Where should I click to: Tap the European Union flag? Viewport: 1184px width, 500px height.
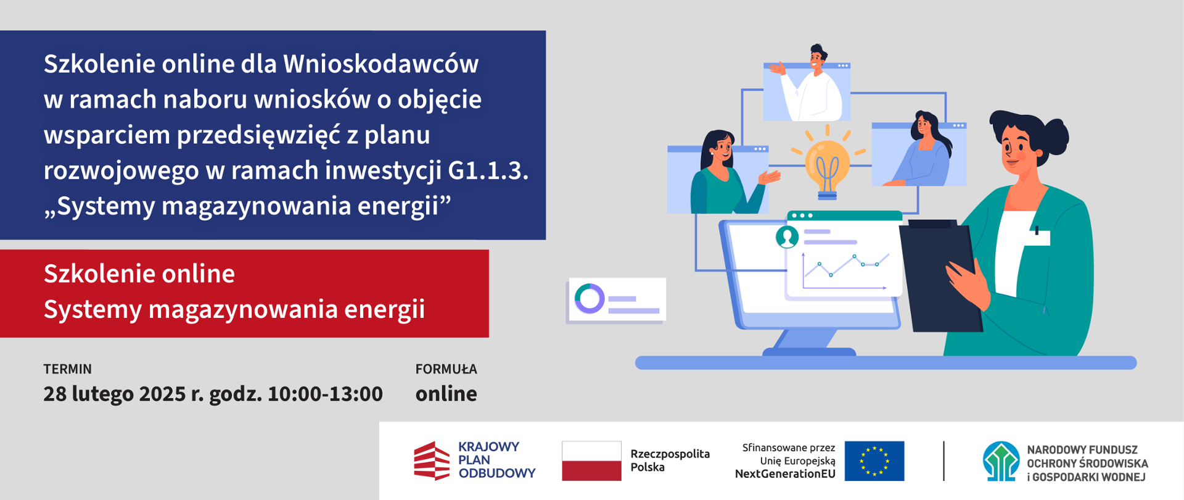874,460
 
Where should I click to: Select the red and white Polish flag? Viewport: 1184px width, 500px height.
591,460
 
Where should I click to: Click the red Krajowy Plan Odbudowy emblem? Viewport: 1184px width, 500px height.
432,460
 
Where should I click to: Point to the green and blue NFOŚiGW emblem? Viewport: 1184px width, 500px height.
1001,461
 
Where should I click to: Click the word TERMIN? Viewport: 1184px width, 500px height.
67,369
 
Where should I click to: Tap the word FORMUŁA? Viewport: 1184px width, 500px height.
446,369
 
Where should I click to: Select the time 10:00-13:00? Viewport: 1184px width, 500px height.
325,394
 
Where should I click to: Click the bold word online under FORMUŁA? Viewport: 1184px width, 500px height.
446,394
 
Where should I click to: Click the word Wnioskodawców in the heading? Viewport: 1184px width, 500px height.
380,64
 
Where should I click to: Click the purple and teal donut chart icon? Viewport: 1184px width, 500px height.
590,299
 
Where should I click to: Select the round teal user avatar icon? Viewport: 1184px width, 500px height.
787,236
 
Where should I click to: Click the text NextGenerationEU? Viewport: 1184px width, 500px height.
785,474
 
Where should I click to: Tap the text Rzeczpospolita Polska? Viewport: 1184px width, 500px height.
670,460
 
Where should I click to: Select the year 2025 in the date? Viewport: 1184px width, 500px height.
162,394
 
